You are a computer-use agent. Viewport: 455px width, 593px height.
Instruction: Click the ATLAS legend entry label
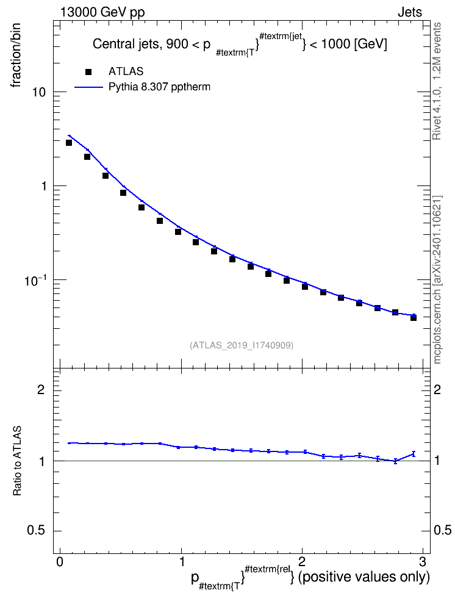(x=126, y=71)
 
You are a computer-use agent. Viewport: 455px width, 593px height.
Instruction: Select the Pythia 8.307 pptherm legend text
(x=159, y=87)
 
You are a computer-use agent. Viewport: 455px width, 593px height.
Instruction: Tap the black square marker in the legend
(x=88, y=71)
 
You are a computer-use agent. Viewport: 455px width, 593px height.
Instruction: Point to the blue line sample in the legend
(x=88, y=87)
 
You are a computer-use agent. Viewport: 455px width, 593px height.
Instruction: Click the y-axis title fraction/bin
(x=15, y=56)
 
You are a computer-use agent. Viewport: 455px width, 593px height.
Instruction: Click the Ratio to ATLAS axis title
(x=17, y=461)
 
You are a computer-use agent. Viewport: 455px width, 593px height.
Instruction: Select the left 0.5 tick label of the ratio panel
(x=36, y=531)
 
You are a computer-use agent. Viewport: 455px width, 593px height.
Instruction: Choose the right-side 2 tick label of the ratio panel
(x=437, y=389)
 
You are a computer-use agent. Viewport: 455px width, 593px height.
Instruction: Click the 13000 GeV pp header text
(x=102, y=12)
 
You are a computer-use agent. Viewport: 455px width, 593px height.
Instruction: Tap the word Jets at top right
(x=410, y=12)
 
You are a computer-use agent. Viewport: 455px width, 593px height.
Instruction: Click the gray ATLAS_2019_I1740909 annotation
(x=242, y=345)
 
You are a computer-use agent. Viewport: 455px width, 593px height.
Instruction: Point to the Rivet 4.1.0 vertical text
(x=437, y=81)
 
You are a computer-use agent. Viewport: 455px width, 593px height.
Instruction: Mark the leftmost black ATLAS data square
(x=69, y=143)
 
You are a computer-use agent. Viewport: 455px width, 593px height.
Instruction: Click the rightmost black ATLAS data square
(x=414, y=318)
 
